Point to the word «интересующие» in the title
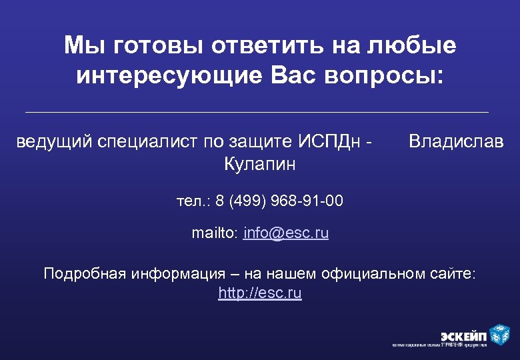171,75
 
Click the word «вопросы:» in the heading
383,75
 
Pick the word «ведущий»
53,141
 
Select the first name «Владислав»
456,141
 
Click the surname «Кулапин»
259,163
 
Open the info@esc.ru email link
286,233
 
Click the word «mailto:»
215,233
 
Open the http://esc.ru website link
260,293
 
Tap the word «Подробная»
85,273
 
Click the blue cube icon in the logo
499,333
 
